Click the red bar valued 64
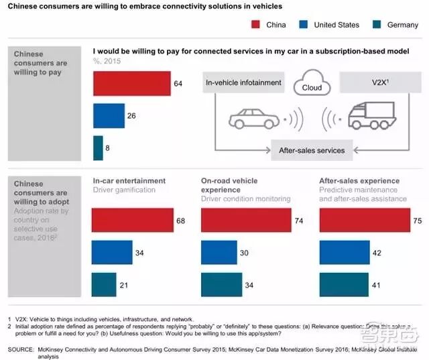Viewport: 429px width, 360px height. click(131, 84)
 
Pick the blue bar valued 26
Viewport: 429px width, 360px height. click(109, 116)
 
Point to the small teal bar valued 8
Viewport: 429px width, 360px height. click(98, 147)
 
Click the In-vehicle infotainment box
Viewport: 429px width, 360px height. click(244, 84)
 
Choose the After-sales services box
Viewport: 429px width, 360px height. click(312, 150)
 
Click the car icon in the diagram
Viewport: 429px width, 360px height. click(253, 119)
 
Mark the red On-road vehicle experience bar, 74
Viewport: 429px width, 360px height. click(245, 220)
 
